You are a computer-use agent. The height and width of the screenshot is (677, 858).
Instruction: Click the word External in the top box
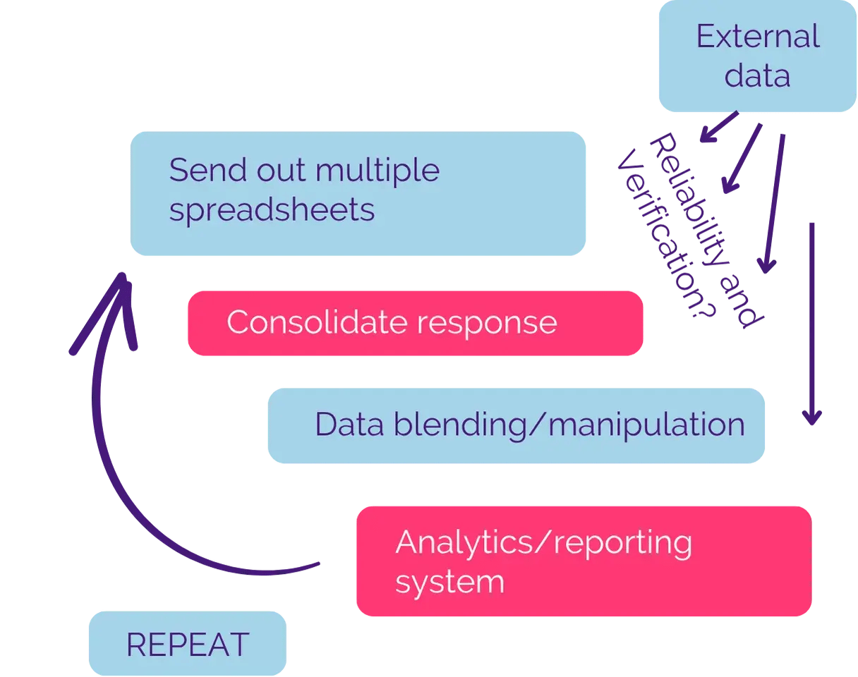(x=758, y=37)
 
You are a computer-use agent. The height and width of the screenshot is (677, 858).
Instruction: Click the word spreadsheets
(x=272, y=209)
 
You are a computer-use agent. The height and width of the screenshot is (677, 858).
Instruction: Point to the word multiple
(x=377, y=171)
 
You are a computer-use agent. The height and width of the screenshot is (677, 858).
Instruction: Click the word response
(x=487, y=324)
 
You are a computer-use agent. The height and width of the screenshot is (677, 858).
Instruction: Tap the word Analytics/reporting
(x=543, y=543)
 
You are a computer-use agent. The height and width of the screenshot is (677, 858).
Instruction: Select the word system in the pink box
(x=449, y=583)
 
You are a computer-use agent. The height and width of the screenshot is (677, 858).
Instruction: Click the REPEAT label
(x=188, y=645)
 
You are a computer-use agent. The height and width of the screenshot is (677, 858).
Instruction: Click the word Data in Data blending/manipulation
(x=344, y=425)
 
